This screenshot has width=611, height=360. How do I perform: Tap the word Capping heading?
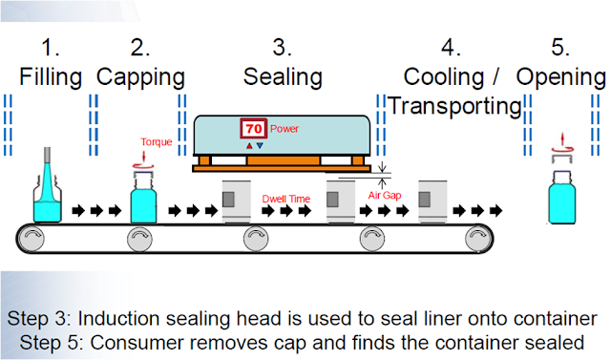click(x=140, y=76)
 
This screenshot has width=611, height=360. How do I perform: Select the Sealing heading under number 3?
click(x=283, y=76)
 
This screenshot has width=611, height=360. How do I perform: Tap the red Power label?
click(x=284, y=127)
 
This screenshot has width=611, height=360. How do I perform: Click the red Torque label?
click(x=156, y=142)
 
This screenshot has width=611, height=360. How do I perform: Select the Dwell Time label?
click(x=287, y=199)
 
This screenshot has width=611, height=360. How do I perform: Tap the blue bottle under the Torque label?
click(x=143, y=201)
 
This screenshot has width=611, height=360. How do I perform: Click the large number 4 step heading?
click(x=450, y=46)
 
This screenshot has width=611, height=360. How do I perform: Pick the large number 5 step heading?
click(x=560, y=46)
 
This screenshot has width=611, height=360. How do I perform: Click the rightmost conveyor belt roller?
click(x=474, y=238)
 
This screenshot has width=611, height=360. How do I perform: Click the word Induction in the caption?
click(x=135, y=317)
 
